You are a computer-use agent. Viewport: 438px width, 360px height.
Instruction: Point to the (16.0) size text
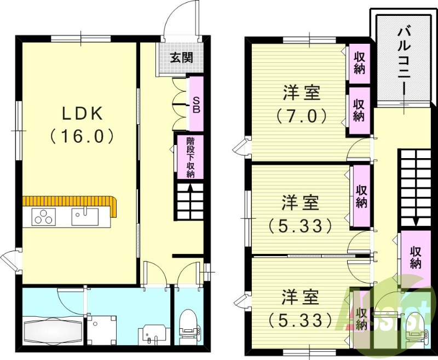(x=82, y=136)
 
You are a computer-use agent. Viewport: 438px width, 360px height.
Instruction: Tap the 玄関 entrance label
(x=180, y=57)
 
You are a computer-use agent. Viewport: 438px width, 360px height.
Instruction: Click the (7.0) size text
(x=301, y=116)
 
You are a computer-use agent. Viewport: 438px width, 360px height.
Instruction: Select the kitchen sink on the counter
(x=84, y=217)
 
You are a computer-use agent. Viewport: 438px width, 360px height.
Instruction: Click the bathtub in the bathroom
(x=53, y=330)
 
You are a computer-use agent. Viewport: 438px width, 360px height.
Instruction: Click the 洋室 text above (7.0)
(x=301, y=93)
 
